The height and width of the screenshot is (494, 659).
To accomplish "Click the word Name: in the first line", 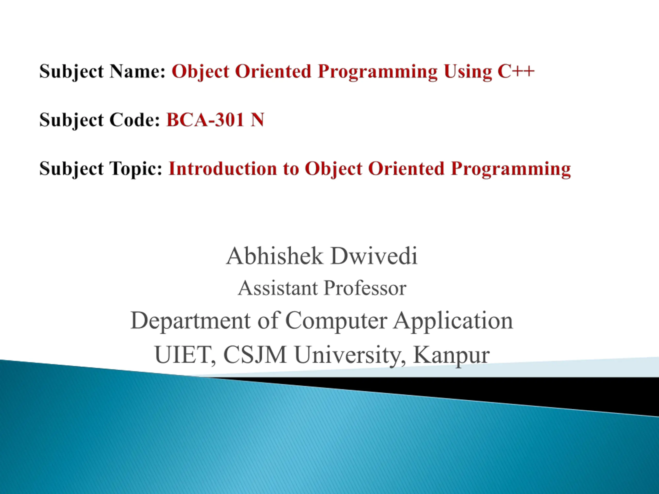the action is pyautogui.click(x=137, y=72).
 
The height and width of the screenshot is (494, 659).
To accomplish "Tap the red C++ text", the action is pyautogui.click(x=516, y=72).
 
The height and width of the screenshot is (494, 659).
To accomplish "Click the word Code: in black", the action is pyautogui.click(x=135, y=120).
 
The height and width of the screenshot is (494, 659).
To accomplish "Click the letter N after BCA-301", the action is pyautogui.click(x=257, y=120).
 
